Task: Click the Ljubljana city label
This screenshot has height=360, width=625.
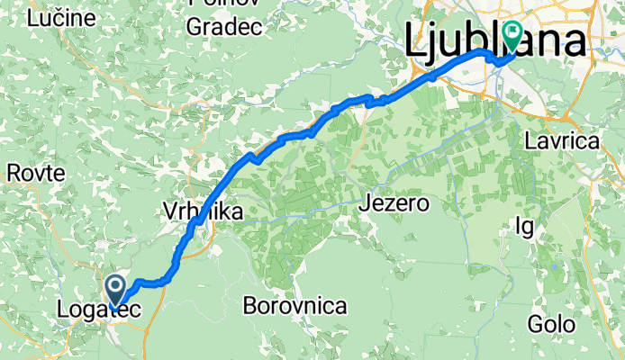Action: pyautogui.click(x=494, y=41)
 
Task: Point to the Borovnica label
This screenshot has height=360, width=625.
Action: pyautogui.click(x=295, y=306)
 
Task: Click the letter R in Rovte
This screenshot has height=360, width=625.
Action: pyautogui.click(x=12, y=173)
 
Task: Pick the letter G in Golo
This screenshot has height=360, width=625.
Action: pyautogui.click(x=537, y=323)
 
